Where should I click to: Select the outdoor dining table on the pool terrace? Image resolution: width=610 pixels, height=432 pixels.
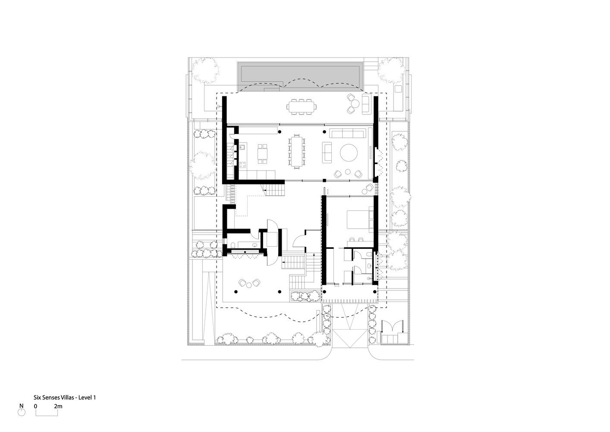[301, 107]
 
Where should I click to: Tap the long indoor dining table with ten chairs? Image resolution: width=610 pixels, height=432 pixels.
[296, 152]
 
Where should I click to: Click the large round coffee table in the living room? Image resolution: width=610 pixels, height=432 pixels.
[349, 153]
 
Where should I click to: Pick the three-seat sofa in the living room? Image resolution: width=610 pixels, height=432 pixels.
[347, 133]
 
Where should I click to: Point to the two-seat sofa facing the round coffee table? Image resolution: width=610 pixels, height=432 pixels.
[327, 152]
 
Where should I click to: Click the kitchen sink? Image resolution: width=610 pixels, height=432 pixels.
[242, 147]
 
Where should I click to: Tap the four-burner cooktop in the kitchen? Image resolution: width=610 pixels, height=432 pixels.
[242, 165]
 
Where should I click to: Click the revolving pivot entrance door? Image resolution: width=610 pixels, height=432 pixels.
[272, 242]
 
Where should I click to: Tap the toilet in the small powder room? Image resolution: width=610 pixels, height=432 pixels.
[233, 245]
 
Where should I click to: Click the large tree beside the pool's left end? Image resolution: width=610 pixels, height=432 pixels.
[205, 71]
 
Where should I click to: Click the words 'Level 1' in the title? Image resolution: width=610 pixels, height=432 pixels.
[87, 397]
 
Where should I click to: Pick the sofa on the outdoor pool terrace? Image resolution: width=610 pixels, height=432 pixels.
[367, 104]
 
